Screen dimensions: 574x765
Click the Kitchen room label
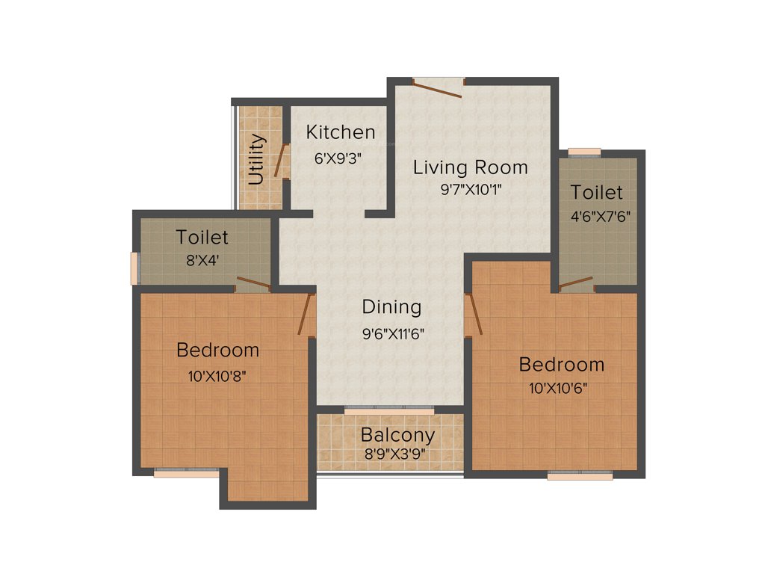click(340, 133)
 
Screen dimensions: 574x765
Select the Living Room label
click(470, 167)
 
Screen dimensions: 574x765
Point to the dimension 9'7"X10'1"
click(470, 189)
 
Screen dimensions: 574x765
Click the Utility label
click(256, 159)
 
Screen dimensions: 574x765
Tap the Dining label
click(391, 306)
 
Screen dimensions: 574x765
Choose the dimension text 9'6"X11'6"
click(393, 334)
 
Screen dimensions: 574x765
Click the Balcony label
click(397, 435)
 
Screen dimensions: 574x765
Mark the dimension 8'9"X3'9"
click(397, 454)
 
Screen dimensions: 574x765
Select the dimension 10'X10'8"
click(217, 376)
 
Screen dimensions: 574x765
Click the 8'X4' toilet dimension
click(201, 261)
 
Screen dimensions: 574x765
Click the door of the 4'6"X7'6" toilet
click(576, 283)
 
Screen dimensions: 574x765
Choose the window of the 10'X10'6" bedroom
click(579, 475)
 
